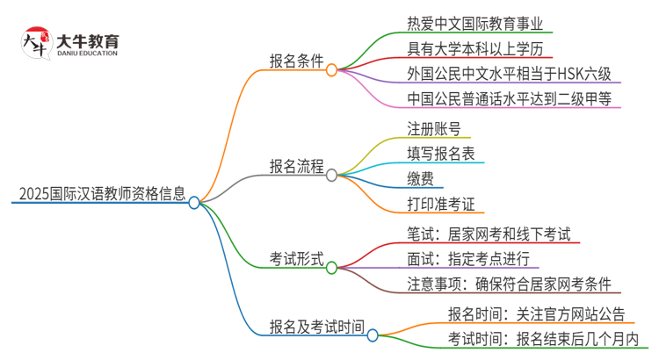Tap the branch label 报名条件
[295, 61]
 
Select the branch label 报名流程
[295, 167]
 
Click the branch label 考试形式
[295, 260]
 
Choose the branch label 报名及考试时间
[316, 327]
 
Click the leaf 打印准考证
[441, 205]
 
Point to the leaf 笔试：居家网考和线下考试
[489, 234]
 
